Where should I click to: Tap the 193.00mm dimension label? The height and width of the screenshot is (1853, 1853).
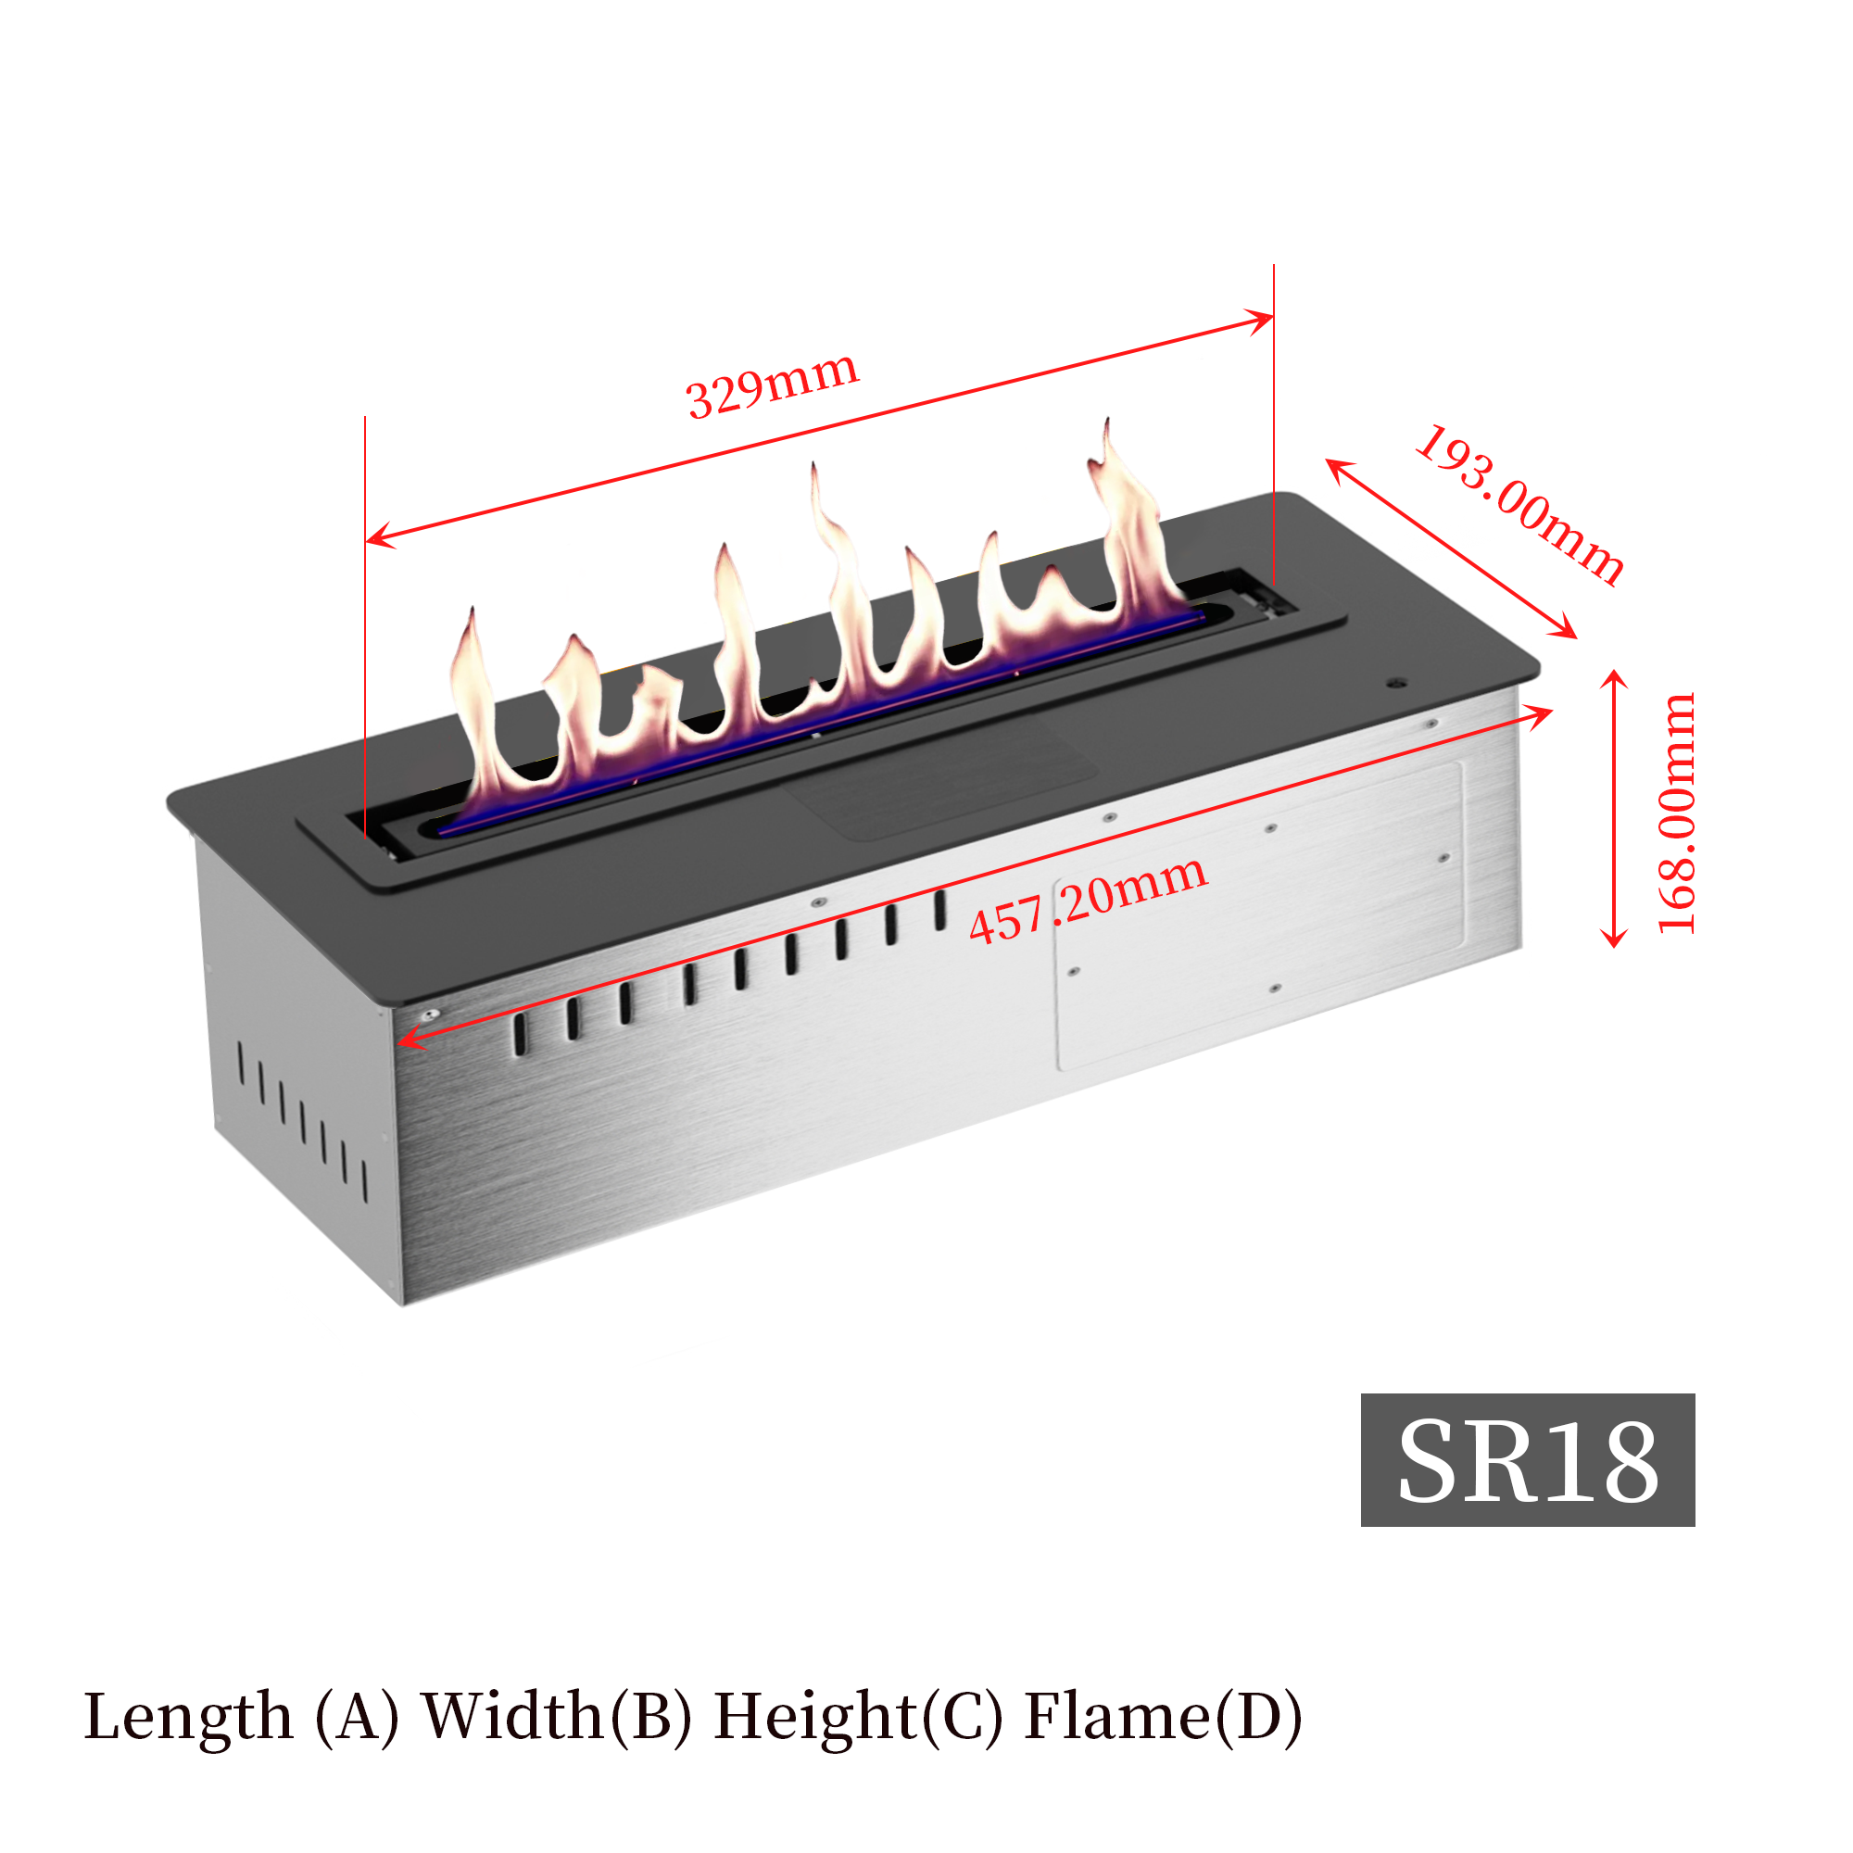[1520, 505]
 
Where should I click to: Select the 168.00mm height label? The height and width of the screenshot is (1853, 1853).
[1677, 813]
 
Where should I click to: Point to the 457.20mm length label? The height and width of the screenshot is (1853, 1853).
[1088, 899]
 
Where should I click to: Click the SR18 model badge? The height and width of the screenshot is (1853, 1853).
[1527, 1461]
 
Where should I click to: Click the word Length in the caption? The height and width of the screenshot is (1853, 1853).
[188, 1716]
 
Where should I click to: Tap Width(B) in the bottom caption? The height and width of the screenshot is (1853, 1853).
[556, 1716]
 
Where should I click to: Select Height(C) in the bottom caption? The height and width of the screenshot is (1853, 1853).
[859, 1716]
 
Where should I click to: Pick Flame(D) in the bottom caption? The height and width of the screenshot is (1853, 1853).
[1164, 1716]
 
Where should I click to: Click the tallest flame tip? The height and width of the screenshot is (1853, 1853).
[1107, 425]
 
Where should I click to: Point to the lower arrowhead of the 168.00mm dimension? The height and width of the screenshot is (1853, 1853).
[1615, 942]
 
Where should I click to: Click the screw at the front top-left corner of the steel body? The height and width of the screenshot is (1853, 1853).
[433, 1014]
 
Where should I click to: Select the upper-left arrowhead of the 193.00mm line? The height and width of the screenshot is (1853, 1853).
[1334, 465]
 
